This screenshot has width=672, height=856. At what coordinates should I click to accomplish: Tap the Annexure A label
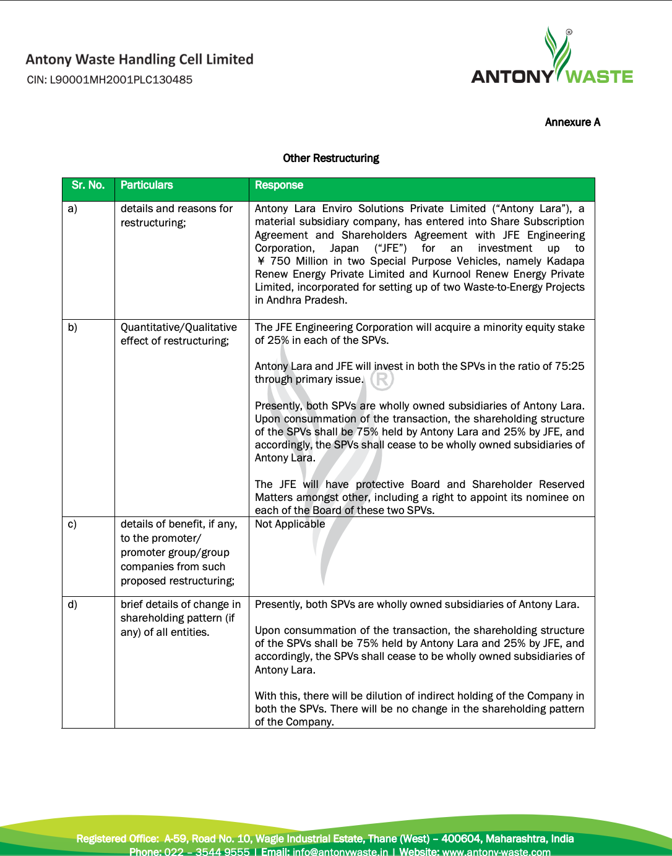[x=572, y=122]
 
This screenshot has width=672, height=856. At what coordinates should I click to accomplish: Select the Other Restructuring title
[x=331, y=158]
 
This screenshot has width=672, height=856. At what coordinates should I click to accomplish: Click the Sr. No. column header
[x=88, y=186]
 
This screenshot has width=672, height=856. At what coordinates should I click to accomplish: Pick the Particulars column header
[x=147, y=186]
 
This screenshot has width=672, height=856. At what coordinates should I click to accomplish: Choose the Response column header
[x=279, y=186]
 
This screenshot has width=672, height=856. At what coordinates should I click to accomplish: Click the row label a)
[x=72, y=209]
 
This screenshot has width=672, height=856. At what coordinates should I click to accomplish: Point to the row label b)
[x=72, y=328]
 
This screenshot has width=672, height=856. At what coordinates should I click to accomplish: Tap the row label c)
[x=72, y=524]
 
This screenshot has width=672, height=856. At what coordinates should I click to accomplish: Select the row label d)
[x=72, y=605]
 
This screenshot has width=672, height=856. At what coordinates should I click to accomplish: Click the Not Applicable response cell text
[x=290, y=524]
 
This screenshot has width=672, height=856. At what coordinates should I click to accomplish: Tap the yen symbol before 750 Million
[x=261, y=262]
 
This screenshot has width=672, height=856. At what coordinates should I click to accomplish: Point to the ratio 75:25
[x=569, y=366]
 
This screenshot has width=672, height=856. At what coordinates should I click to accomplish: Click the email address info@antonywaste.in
[x=340, y=852]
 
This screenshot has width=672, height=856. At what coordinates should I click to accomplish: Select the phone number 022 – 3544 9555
[x=207, y=852]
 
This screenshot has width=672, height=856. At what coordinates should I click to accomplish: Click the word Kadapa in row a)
[x=566, y=262]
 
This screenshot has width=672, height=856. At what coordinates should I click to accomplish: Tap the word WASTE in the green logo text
[x=599, y=77]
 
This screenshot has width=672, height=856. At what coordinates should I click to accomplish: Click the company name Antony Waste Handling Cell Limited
[x=140, y=59]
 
